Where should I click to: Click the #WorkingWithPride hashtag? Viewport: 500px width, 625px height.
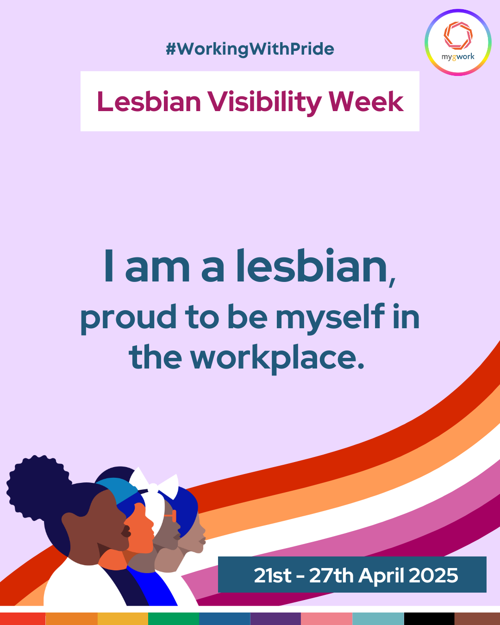pos(250,49)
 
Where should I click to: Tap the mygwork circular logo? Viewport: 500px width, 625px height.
pos(458,43)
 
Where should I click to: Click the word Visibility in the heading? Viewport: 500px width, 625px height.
pos(264,102)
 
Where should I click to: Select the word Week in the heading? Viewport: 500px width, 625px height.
pos(366,102)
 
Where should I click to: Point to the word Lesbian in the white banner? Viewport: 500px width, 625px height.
pos(149,102)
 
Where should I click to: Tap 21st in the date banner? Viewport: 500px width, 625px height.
pos(273,575)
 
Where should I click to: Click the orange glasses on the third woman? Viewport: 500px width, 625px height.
pos(171,516)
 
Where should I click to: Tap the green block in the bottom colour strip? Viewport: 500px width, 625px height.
pos(174,619)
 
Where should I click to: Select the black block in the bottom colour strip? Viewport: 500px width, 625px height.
pos(429,619)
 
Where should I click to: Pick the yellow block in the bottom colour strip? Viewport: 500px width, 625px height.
pos(123,619)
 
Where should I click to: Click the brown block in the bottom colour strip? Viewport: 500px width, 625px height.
pos(477,619)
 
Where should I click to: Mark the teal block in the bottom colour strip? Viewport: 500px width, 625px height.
pos(378,619)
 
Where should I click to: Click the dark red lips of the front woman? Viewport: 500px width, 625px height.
pos(126,532)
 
